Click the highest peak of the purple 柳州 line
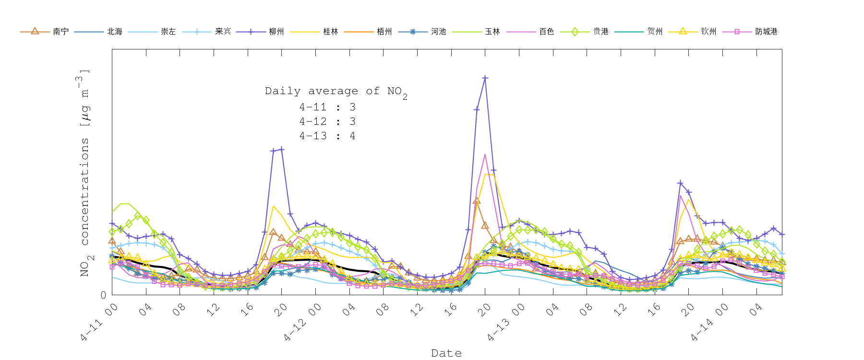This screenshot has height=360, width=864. click(485, 78)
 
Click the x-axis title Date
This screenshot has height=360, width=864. click(446, 353)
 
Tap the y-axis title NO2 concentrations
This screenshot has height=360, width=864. click(84, 173)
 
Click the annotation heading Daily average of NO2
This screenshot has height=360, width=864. click(336, 91)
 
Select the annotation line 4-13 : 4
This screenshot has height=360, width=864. click(327, 136)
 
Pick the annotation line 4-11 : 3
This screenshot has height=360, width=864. click(327, 108)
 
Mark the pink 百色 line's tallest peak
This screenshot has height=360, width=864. click(485, 155)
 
